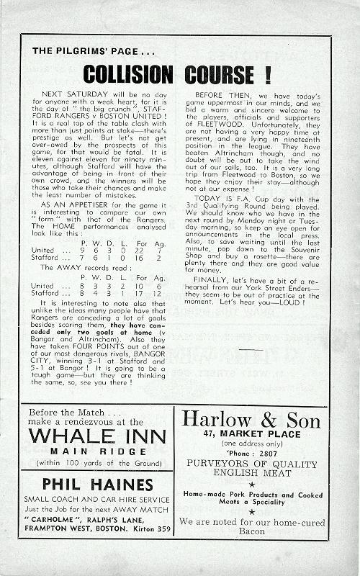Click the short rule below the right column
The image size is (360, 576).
click(251, 349)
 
